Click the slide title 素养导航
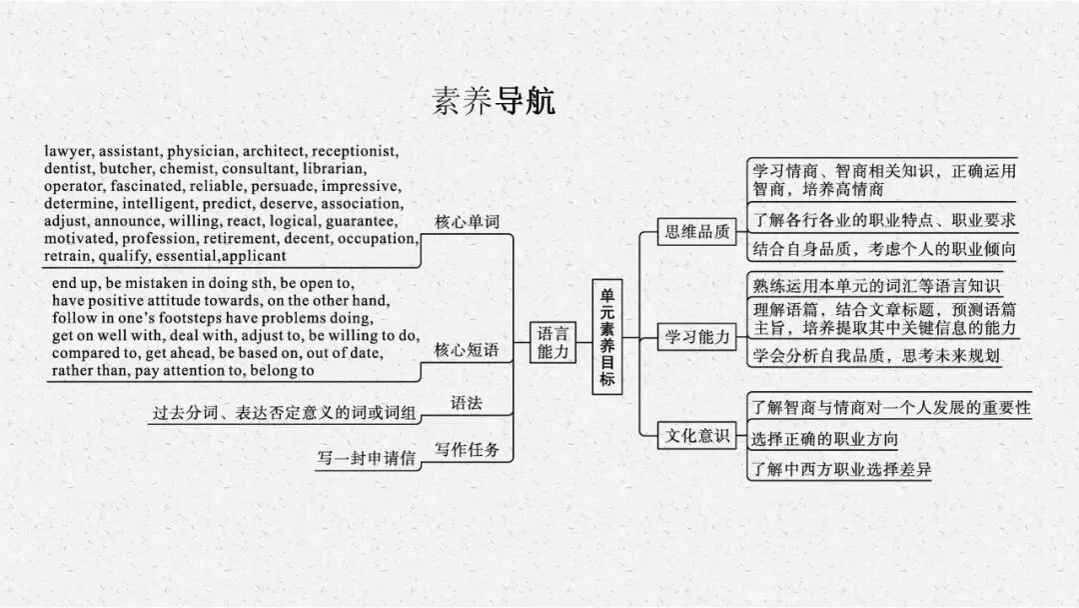coord(494,101)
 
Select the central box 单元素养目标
coord(607,339)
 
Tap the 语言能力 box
coord(551,342)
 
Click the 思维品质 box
coord(698,233)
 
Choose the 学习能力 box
coord(698,337)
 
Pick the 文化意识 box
coord(698,436)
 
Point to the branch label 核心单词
coord(467,222)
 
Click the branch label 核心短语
coord(467,350)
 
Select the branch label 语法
coord(467,403)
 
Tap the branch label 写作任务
coord(467,449)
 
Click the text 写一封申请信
coord(366,460)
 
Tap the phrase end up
coord(76,282)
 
